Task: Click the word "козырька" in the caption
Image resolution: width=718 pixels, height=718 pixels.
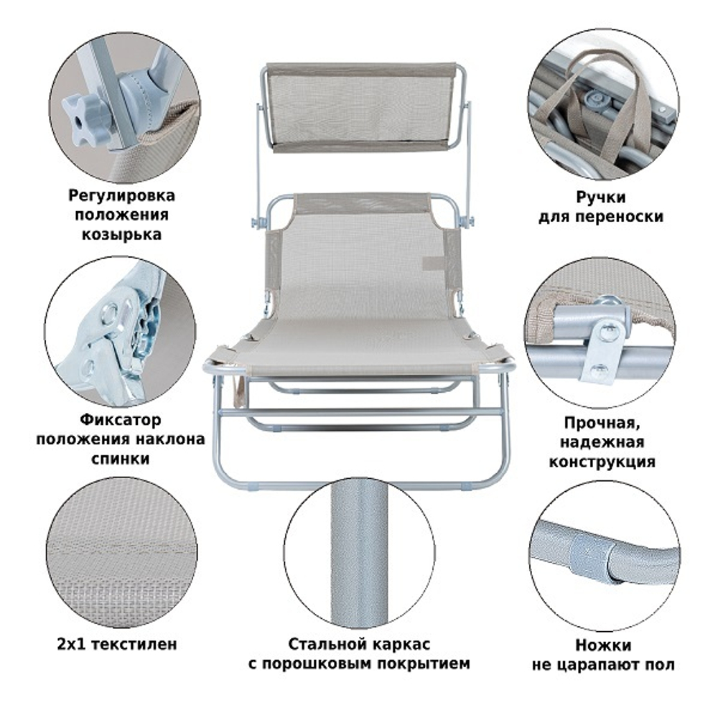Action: tap(121, 235)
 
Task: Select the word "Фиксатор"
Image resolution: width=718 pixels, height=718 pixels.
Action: tap(121, 419)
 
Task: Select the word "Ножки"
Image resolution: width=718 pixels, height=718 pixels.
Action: tap(603, 645)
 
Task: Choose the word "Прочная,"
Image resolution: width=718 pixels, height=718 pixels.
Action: tap(602, 422)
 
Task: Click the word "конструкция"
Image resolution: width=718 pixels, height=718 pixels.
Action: tap(602, 462)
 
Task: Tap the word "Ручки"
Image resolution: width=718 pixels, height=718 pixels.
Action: tap(601, 197)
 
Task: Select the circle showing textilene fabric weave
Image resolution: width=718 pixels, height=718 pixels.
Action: tap(122, 552)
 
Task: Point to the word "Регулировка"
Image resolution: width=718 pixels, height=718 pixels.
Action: tap(122, 195)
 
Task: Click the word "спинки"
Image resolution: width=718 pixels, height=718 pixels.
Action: tap(121, 458)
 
